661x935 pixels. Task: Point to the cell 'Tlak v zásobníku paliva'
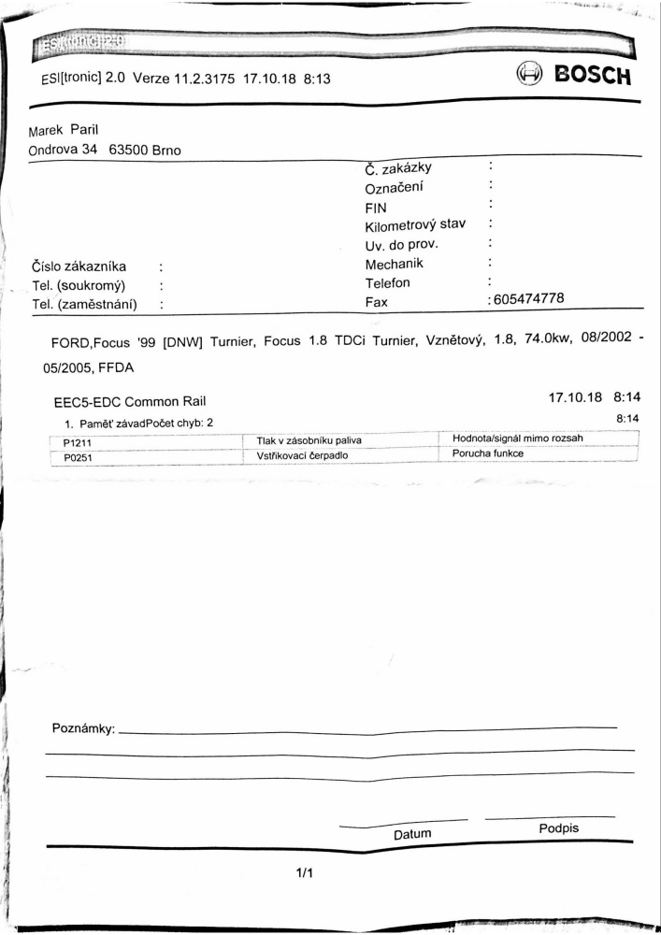tap(302, 440)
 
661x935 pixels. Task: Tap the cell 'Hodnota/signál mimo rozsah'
tap(518, 438)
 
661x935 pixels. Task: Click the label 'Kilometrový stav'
tap(415, 225)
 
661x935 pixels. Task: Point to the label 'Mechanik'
tap(395, 264)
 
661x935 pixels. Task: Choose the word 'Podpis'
tap(559, 828)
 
